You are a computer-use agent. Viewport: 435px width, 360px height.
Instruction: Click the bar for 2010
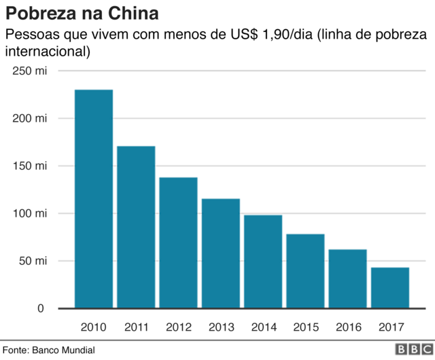(x=94, y=198)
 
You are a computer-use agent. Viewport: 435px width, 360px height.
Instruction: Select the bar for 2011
(x=136, y=227)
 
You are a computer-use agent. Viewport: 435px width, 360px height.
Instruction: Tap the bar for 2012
(x=178, y=242)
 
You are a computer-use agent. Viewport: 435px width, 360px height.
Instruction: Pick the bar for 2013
(x=221, y=253)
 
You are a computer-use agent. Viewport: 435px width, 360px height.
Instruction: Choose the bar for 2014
(x=263, y=262)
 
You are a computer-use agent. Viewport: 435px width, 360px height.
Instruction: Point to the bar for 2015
(x=305, y=271)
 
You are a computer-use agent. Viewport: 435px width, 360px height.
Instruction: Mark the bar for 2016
(x=347, y=278)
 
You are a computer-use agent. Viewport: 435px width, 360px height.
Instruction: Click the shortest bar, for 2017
(x=390, y=287)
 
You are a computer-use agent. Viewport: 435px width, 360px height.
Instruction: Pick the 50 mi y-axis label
(x=33, y=261)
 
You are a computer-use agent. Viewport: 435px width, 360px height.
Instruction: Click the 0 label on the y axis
(x=41, y=308)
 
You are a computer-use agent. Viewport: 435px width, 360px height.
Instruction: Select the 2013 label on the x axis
(x=221, y=327)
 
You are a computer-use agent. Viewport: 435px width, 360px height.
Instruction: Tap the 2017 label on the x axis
(x=390, y=327)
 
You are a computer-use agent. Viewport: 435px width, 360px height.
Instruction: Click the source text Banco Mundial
(x=66, y=350)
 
